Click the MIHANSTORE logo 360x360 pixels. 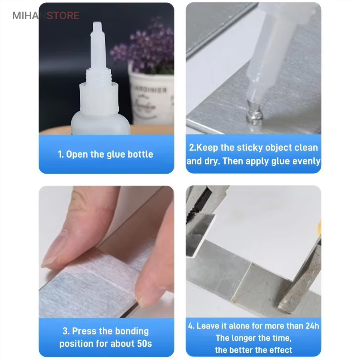tap(46, 16)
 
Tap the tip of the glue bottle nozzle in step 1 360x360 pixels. tap(97, 23)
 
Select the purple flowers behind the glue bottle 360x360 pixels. tap(144, 49)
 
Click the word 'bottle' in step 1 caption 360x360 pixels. tap(140, 154)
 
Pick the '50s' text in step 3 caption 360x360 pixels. tap(144, 344)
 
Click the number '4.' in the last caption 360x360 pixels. tap(191, 326)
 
